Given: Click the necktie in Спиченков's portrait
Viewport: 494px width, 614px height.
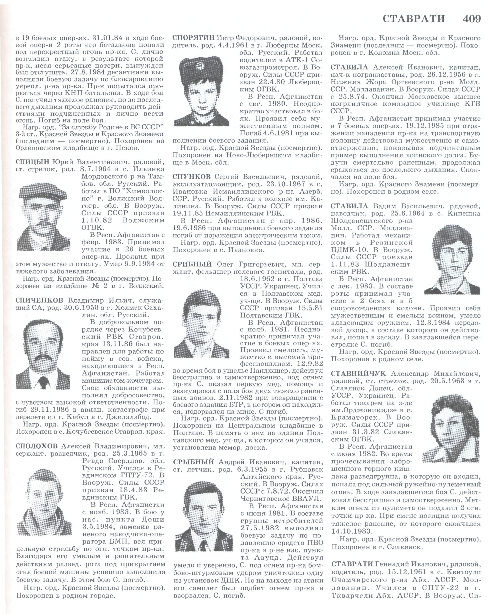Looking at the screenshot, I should tap(43, 382).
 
